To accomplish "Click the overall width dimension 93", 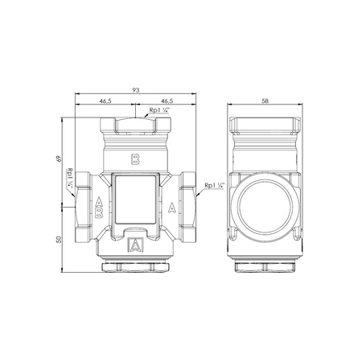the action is click(x=136, y=90).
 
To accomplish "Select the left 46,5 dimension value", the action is click(x=105, y=101).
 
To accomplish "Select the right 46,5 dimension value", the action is click(x=167, y=101).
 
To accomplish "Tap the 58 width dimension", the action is click(x=265, y=101).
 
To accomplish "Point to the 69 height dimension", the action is click(x=59, y=158).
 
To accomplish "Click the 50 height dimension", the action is click(x=59, y=240).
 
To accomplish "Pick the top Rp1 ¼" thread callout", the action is click(x=159, y=110).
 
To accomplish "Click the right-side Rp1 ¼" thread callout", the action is click(x=214, y=185).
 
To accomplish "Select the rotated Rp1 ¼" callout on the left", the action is click(x=70, y=178).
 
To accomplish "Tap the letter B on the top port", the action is click(x=135, y=158).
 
